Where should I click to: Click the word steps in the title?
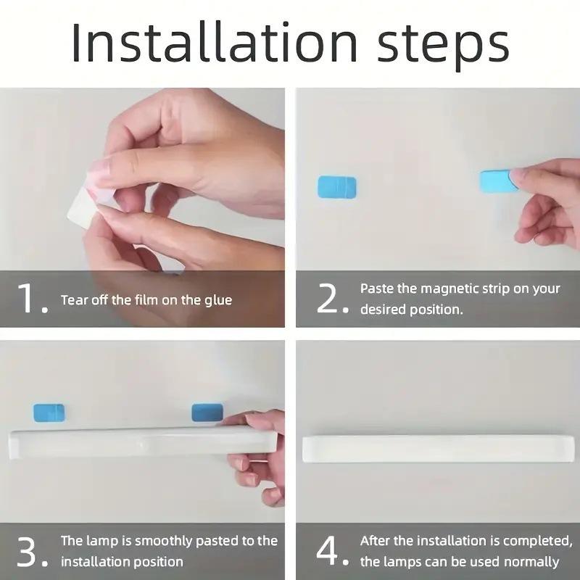click(439, 45)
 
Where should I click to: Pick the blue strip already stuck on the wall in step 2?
click(336, 187)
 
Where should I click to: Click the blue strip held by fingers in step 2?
click(497, 181)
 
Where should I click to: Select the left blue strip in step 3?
click(49, 413)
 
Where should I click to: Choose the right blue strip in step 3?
click(207, 413)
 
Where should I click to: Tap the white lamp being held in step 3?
click(138, 442)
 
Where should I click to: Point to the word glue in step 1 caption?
click(216, 299)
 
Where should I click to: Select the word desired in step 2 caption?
click(384, 310)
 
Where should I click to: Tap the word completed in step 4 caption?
click(534, 540)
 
